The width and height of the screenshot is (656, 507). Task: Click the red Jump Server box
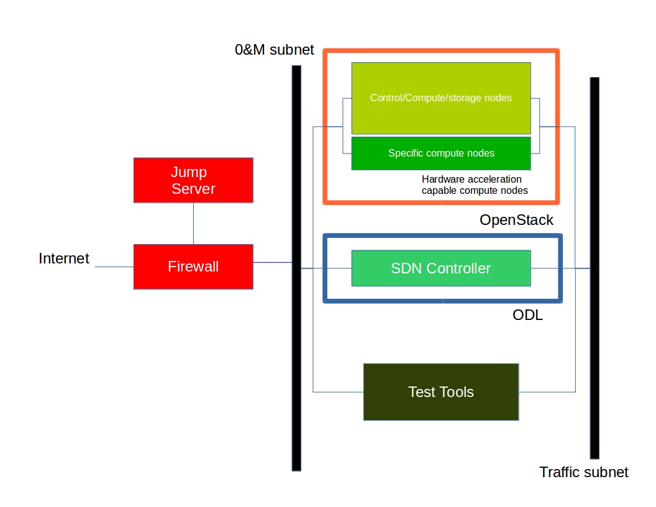click(x=193, y=180)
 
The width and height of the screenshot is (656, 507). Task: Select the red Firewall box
click(x=193, y=267)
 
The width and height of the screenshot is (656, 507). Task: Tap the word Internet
click(x=64, y=258)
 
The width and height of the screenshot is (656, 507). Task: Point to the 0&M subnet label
click(x=274, y=50)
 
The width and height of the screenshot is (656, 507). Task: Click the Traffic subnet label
click(x=583, y=472)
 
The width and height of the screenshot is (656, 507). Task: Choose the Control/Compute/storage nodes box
click(x=441, y=98)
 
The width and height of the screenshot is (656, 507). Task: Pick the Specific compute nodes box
click(x=441, y=153)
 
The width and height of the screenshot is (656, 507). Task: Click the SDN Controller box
click(x=441, y=268)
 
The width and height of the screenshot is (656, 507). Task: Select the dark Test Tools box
click(x=441, y=392)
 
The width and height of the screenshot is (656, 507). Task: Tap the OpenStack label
click(x=516, y=220)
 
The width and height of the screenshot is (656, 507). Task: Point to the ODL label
click(x=527, y=315)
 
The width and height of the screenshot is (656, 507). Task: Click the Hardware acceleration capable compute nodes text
click(x=475, y=185)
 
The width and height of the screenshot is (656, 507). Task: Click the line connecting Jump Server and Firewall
click(x=193, y=223)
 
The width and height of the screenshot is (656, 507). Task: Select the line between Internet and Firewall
click(x=114, y=267)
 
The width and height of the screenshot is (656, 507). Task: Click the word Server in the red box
click(x=193, y=189)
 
